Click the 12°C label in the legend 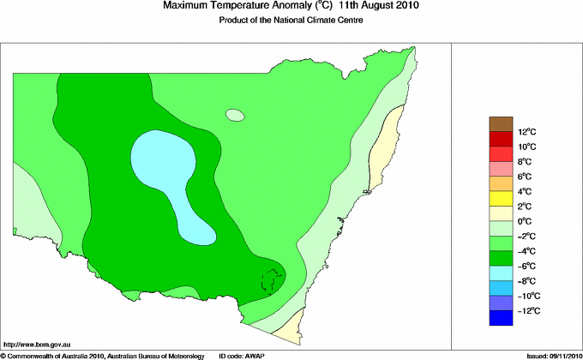click(x=502, y=132)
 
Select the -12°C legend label click(x=504, y=310)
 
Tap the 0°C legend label click(x=502, y=221)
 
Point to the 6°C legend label click(x=502, y=177)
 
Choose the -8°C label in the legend click(x=503, y=281)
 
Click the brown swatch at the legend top click(x=502, y=123)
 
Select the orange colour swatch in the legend click(x=502, y=183)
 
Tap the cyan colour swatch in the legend click(x=502, y=273)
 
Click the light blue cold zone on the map click(x=163, y=159)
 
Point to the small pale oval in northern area click(x=235, y=115)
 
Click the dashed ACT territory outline click(x=273, y=279)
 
